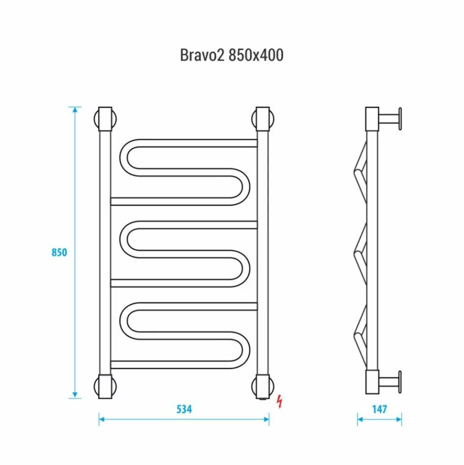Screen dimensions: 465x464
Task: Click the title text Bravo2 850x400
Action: (x=232, y=55)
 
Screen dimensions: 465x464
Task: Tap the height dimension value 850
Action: (x=59, y=253)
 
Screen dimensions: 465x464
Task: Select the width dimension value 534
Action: (x=184, y=409)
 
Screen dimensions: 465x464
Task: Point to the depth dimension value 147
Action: (x=379, y=409)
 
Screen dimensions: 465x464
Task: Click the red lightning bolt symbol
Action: (x=280, y=401)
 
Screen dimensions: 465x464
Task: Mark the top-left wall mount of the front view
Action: (x=105, y=119)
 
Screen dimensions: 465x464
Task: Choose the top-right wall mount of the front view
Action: (x=263, y=119)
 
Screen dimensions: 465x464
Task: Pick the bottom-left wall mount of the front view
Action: (x=105, y=387)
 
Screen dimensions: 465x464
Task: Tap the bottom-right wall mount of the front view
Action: (x=263, y=387)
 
